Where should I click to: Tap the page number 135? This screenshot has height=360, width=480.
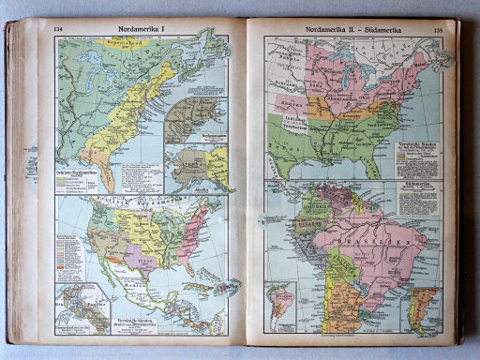[437, 30]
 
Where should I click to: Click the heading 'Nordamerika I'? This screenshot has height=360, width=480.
[142, 27]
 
